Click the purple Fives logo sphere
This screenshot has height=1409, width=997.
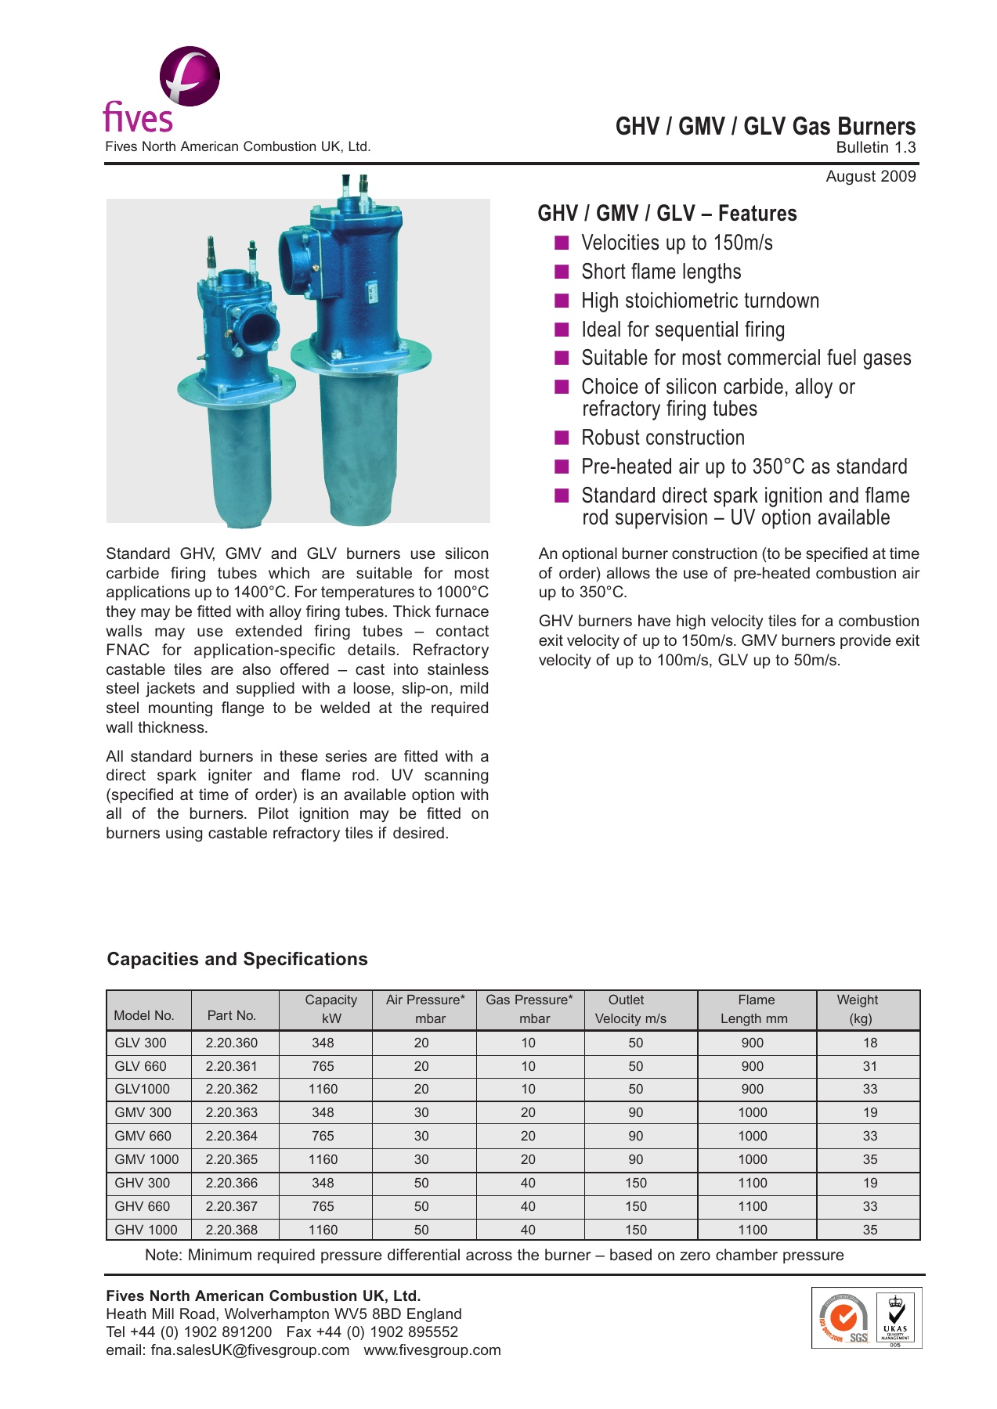click(x=190, y=76)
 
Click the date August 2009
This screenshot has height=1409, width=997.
click(x=870, y=176)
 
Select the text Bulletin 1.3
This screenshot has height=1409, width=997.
click(x=876, y=147)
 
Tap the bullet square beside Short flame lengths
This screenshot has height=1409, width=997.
click(x=562, y=272)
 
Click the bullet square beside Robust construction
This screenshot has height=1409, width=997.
click(x=562, y=437)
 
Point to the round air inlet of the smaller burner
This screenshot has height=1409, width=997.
click(x=257, y=330)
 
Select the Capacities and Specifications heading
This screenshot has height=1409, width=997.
click(x=237, y=959)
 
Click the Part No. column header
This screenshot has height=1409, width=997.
click(x=232, y=1015)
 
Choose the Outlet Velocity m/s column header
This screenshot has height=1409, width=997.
click(x=630, y=1009)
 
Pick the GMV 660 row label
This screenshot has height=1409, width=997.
click(x=143, y=1136)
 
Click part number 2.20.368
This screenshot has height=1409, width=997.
click(x=232, y=1230)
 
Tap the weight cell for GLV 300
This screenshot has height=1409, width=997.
click(x=870, y=1043)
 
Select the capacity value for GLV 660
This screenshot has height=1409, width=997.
click(x=323, y=1066)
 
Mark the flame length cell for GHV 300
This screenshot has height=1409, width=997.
click(x=753, y=1183)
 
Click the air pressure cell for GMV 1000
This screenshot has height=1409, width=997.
click(x=421, y=1159)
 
